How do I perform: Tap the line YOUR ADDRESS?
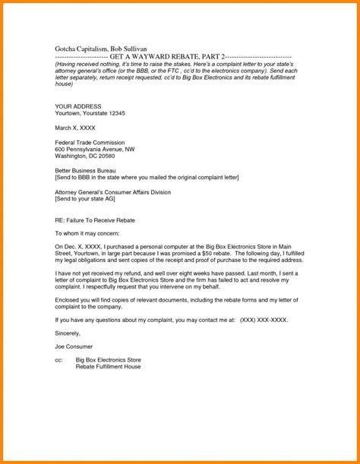pyautogui.click(x=78, y=106)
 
